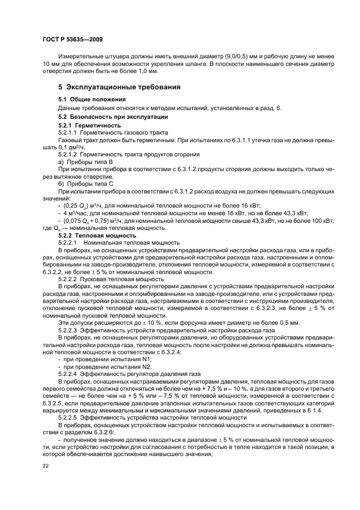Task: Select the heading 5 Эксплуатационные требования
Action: click(x=120, y=87)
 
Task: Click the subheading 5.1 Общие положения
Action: click(x=91, y=99)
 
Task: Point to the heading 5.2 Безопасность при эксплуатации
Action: click(x=113, y=117)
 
